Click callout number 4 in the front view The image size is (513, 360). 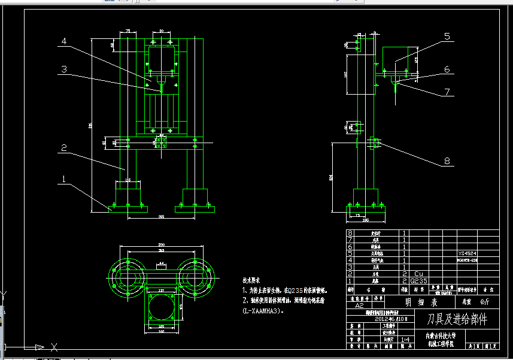point(64,41)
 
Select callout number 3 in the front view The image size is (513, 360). point(64,69)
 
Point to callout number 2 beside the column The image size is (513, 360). point(63,147)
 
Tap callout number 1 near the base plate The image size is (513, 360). point(63,179)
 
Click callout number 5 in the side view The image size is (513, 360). point(447,37)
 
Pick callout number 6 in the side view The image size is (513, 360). point(447,69)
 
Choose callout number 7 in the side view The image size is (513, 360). point(447,92)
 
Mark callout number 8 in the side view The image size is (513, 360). point(447,161)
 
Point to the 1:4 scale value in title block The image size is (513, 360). point(406,340)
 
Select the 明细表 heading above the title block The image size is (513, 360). point(417,302)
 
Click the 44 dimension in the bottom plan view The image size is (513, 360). point(160,264)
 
